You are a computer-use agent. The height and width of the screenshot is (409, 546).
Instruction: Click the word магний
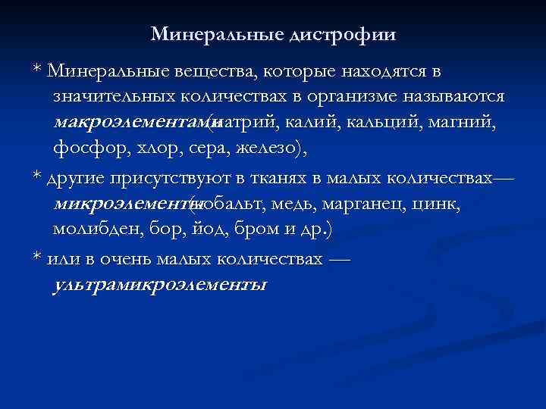[462, 121]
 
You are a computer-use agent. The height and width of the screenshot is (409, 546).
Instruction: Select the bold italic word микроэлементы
[124, 204]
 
